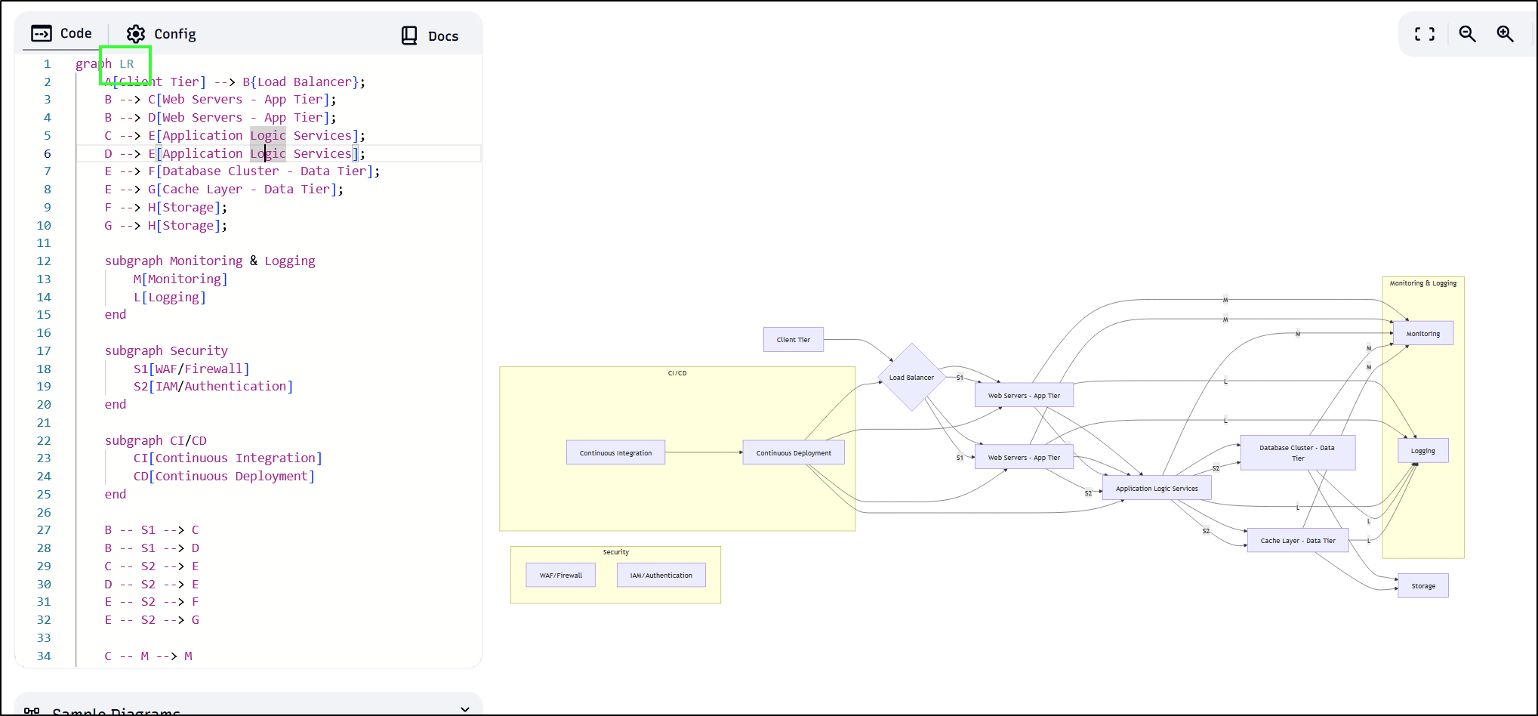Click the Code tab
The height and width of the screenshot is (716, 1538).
point(62,33)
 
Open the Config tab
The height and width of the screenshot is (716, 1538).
point(161,34)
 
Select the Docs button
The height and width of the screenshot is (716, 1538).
point(430,35)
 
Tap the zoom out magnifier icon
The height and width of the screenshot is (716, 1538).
point(1467,34)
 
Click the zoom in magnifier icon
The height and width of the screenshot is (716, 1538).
point(1505,34)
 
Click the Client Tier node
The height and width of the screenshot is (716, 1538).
point(793,340)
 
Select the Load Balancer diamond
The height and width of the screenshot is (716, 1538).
point(911,377)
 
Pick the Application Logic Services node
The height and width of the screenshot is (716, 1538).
point(1156,489)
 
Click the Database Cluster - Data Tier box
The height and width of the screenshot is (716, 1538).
point(1296,452)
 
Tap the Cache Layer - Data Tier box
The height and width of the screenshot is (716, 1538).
point(1297,541)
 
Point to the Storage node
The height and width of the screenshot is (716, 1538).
point(1422,586)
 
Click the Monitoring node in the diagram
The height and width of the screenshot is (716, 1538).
point(1422,333)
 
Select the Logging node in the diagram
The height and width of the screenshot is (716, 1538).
point(1422,451)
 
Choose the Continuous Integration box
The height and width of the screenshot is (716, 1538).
point(615,452)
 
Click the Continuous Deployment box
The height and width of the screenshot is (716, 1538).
point(793,452)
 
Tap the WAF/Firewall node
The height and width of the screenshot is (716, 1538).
point(560,575)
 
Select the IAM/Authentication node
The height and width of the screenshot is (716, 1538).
point(661,575)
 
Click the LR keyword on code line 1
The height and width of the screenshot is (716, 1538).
point(126,64)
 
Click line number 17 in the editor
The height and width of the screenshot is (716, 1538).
point(44,350)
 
